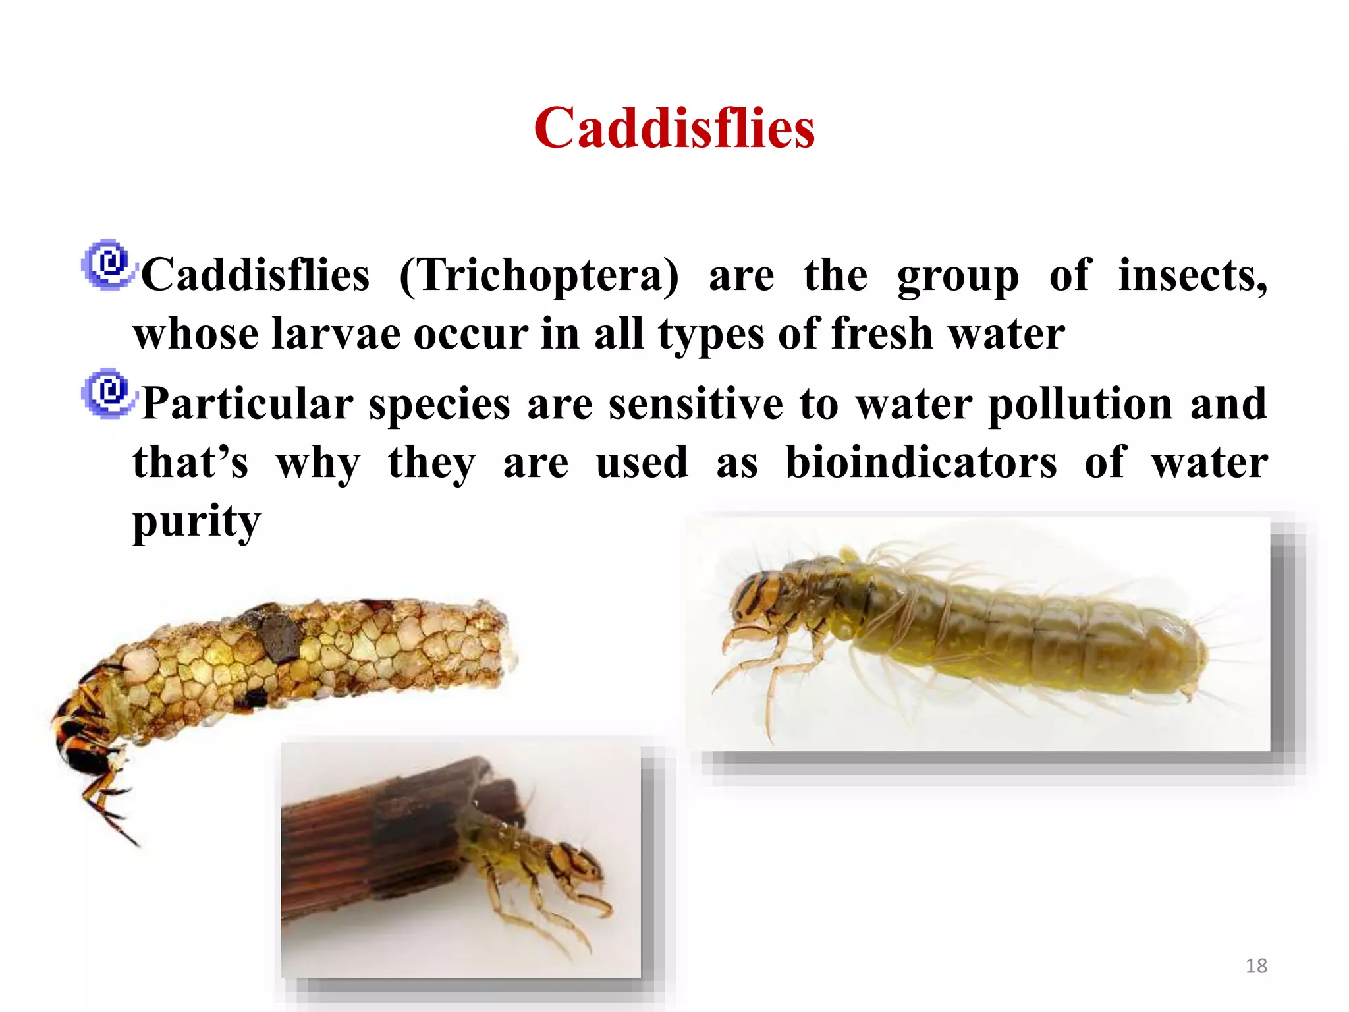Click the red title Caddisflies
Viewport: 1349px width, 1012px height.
(674, 128)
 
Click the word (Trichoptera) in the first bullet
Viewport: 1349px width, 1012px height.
(539, 275)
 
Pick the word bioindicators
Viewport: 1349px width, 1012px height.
(921, 462)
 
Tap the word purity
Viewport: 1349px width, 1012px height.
(196, 521)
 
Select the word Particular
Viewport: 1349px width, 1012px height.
(248, 403)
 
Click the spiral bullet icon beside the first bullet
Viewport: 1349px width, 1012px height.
(109, 265)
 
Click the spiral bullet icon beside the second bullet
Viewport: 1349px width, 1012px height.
(109, 393)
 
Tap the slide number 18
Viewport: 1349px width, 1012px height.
(1256, 966)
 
